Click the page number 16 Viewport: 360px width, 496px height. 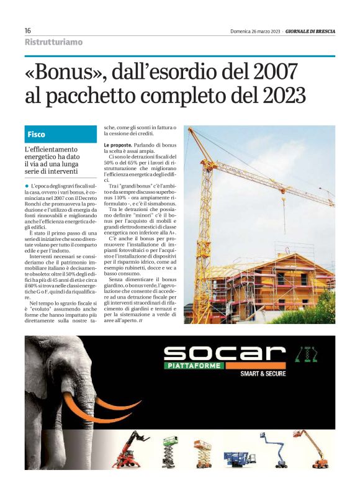pyautogui.click(x=28, y=30)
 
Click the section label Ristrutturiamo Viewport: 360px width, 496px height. pyautogui.click(x=53, y=42)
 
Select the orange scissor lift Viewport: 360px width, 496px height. pyautogui.click(x=202, y=453)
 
